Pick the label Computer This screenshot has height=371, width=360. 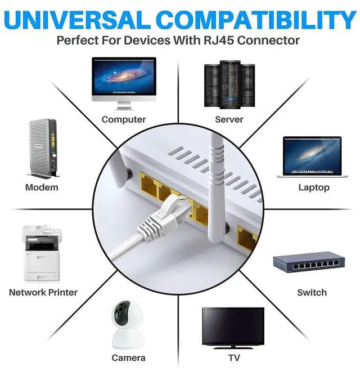tap(124, 119)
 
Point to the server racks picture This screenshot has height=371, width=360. tap(229, 83)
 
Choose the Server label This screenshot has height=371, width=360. tap(229, 119)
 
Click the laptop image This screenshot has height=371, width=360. tap(309, 157)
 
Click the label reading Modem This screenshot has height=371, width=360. tap(42, 187)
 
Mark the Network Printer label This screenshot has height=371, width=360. tap(43, 292)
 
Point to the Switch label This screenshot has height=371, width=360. tap(312, 292)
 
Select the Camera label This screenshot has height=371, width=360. tap(129, 357)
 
